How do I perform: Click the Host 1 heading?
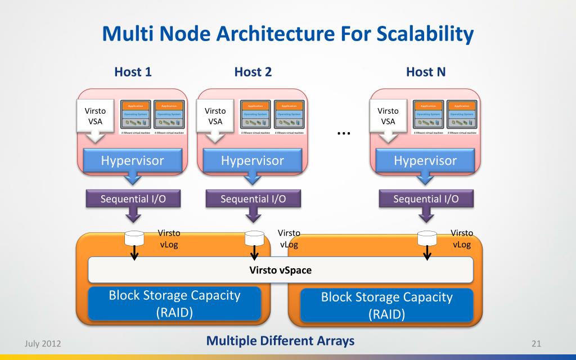point(133,72)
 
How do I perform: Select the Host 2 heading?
point(253,72)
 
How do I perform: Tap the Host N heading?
point(425,72)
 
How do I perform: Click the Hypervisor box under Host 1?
point(132,161)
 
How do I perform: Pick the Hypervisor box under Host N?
point(425,161)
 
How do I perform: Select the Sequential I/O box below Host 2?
point(253,199)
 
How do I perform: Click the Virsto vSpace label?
point(280,270)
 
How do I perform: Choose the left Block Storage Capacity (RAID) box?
point(174,304)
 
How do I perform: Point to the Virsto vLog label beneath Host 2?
point(289,238)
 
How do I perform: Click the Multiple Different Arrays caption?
point(280,341)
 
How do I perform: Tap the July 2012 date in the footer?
point(43,343)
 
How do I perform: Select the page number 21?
point(535,343)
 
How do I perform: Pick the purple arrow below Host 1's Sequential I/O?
point(133,214)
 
